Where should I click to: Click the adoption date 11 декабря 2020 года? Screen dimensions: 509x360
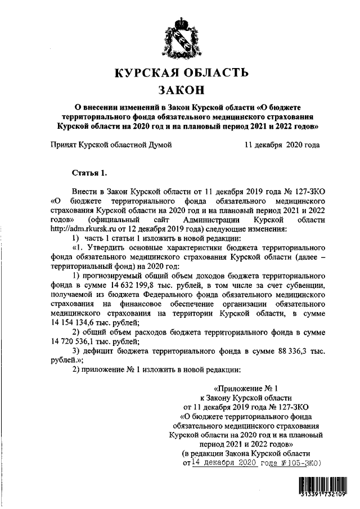(x=282, y=145)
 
